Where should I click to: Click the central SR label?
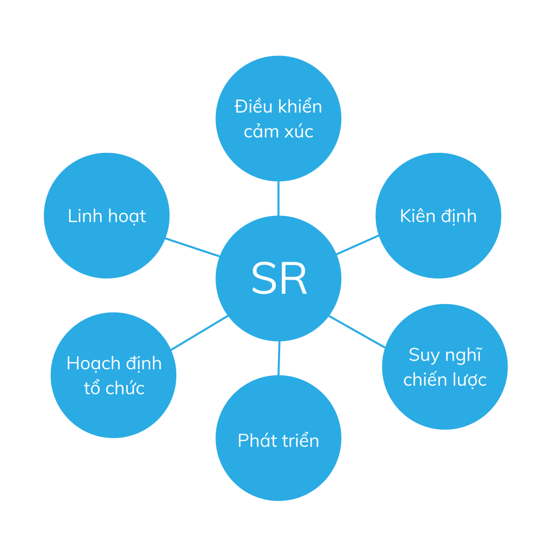(278, 279)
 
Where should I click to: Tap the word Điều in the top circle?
(253, 106)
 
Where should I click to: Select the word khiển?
(300, 106)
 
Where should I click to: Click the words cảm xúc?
(278, 132)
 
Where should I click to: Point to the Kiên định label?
(438, 216)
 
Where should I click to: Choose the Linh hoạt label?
(107, 216)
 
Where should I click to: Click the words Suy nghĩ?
(445, 355)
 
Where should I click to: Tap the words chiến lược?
(445, 380)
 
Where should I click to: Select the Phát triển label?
(278, 440)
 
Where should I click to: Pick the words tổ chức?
(114, 388)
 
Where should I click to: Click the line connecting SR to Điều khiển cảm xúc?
(278, 199)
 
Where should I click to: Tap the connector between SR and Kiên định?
(357, 245)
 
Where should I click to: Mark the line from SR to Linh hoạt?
(193, 247)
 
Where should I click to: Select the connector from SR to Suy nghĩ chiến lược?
(357, 331)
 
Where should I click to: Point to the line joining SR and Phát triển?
(279, 358)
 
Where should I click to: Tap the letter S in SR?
(263, 279)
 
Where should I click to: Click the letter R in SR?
(294, 279)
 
